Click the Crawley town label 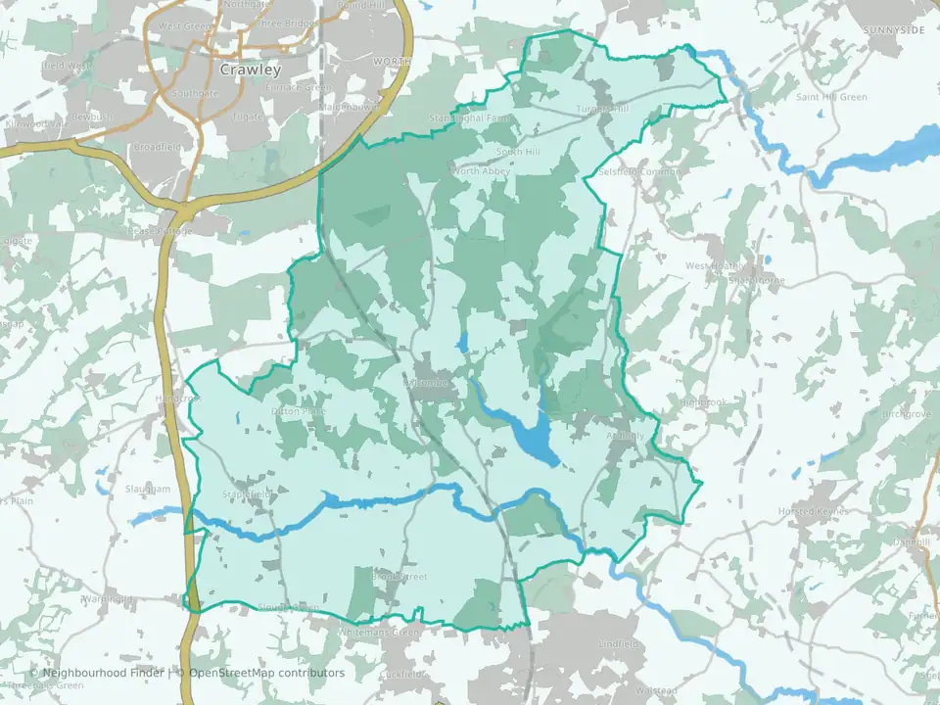[x=251, y=70]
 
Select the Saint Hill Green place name [x=832, y=97]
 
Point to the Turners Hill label [x=603, y=109]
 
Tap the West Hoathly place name [x=716, y=266]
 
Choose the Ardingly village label [x=627, y=436]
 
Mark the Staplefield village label [x=247, y=494]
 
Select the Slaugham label [x=148, y=489]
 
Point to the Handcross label [x=176, y=399]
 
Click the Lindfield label [x=619, y=644]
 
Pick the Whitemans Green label [x=378, y=633]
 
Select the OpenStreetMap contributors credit [x=266, y=674]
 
